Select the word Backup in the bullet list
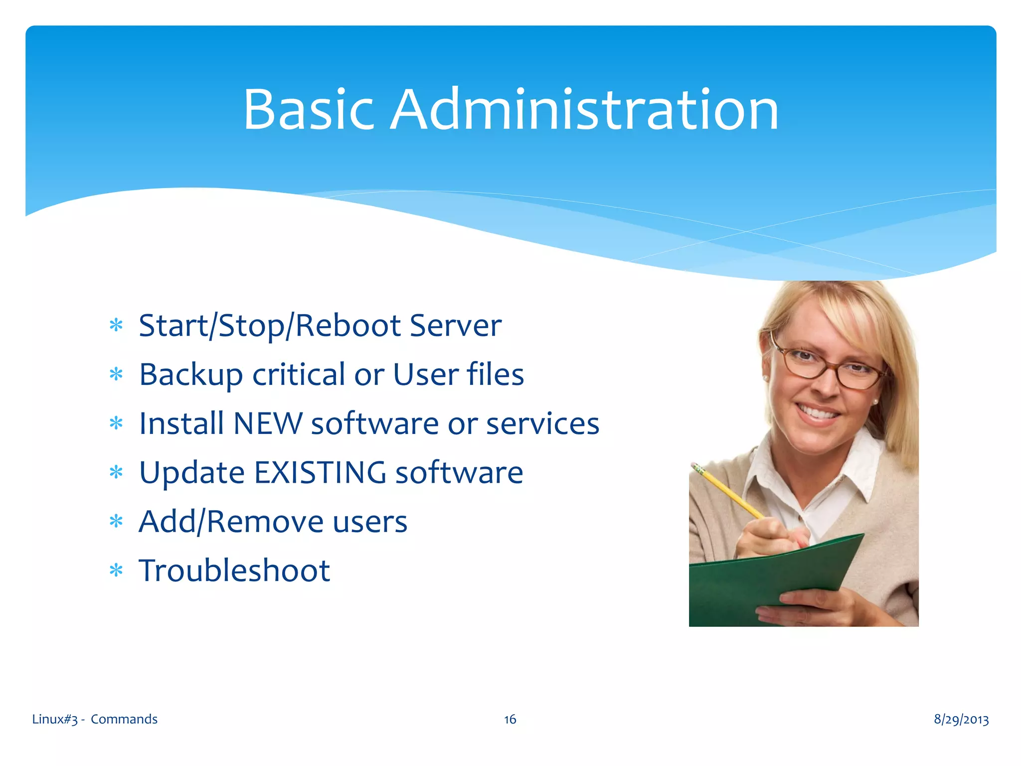[x=191, y=375]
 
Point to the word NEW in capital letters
[x=268, y=424]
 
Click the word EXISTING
[x=320, y=473]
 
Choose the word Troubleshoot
[x=234, y=571]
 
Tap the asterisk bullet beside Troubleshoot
[x=116, y=571]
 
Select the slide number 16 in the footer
[x=510, y=719]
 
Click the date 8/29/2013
[x=961, y=719]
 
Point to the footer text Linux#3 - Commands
[x=95, y=719]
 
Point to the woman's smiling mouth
[x=818, y=413]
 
